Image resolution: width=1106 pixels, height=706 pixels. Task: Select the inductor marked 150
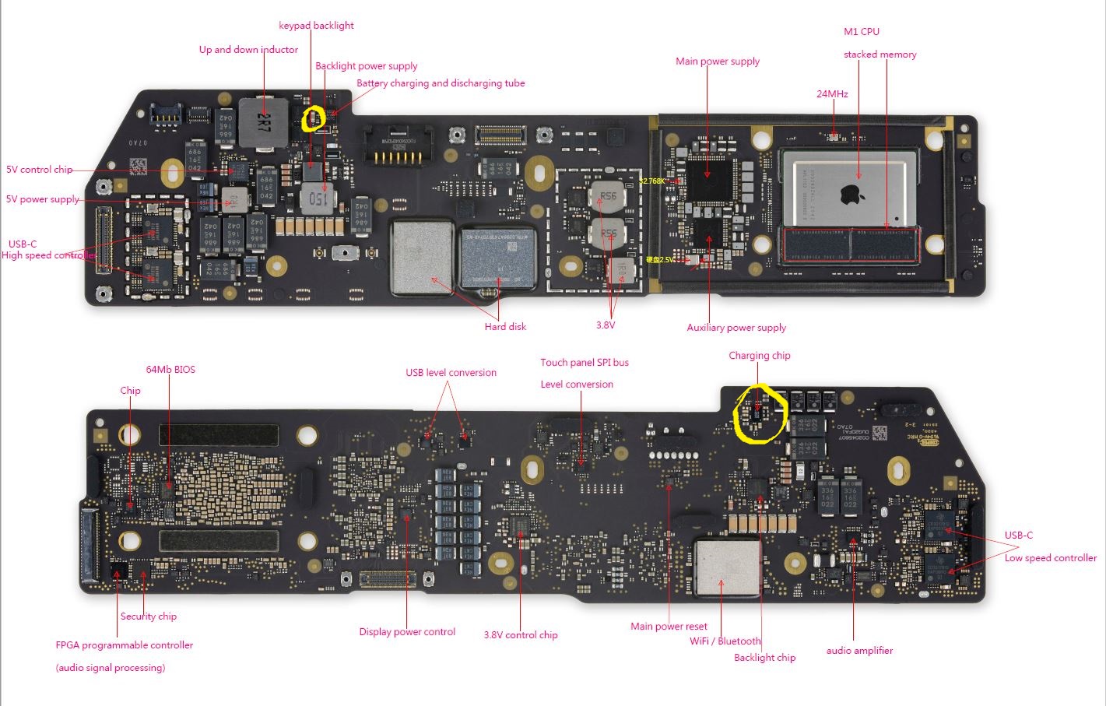coord(316,198)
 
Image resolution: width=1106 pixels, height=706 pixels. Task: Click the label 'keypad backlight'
coord(316,26)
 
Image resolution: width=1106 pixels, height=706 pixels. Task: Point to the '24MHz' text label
coord(832,94)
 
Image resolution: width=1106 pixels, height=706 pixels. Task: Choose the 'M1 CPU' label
coord(862,32)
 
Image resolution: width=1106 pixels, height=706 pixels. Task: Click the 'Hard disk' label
coord(505,327)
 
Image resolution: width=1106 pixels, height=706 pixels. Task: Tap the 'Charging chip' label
coord(759,356)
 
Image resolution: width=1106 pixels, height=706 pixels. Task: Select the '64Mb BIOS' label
coord(170,370)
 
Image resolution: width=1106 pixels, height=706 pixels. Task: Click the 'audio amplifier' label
coord(859,651)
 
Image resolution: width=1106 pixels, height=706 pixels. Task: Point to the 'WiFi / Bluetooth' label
coord(725,641)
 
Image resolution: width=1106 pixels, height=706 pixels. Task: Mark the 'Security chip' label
coord(148,616)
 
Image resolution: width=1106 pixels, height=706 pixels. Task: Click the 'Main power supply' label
coord(718,61)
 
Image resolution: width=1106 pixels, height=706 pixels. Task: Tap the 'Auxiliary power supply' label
coord(736,328)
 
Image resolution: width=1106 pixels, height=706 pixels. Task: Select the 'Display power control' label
coord(407,632)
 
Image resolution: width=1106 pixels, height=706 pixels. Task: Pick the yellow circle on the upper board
coord(312,119)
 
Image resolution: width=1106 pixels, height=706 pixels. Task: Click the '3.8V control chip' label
coord(521,635)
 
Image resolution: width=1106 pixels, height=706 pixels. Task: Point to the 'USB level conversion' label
coord(451,373)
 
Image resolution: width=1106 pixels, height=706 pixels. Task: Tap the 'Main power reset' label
coord(669,627)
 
